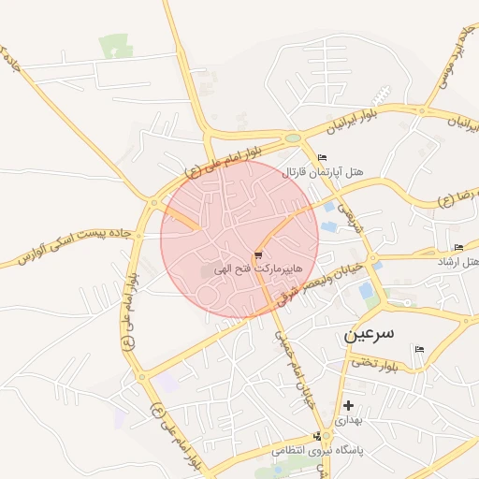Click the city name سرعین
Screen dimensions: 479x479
369,333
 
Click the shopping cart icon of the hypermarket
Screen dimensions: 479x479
257,254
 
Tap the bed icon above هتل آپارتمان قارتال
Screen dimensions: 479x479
323,156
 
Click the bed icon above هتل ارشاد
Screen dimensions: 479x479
457,247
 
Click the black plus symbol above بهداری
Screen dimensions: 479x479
349,405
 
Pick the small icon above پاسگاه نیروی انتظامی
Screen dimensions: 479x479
320,436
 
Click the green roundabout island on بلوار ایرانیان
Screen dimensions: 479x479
294,138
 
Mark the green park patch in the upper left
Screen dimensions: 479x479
115,45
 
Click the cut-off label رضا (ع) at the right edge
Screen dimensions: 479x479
458,197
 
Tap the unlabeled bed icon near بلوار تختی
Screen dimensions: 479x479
419,349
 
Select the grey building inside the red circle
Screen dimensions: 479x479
207,271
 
